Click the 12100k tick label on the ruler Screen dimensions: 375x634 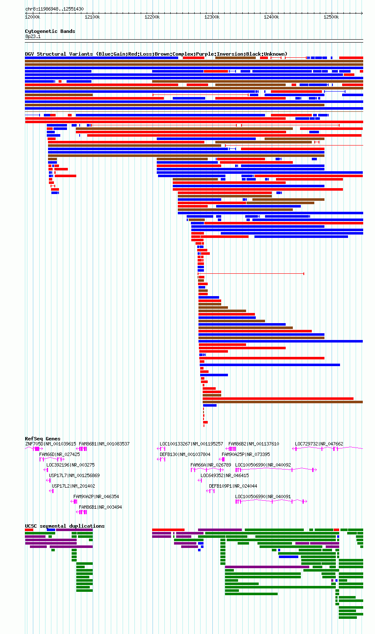pyautogui.click(x=92, y=17)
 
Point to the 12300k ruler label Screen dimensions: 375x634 pyautogui.click(x=212, y=17)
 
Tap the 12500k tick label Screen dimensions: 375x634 pyautogui.click(x=331, y=17)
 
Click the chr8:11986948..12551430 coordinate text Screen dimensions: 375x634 pyautogui.click(x=54, y=9)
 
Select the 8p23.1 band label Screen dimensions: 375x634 pyautogui.click(x=33, y=37)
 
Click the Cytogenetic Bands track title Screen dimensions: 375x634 pyautogui.click(x=50, y=31)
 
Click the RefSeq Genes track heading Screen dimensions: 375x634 pyautogui.click(x=43, y=439)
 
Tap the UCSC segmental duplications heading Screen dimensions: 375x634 pyautogui.click(x=65, y=526)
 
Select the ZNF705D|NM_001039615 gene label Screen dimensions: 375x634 pyautogui.click(x=51, y=444)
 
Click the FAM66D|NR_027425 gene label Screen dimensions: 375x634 pyautogui.click(x=59, y=454)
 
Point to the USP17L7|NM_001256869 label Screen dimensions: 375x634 pyautogui.click(x=74, y=475)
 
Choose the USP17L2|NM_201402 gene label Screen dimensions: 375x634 pyautogui.click(x=73, y=486)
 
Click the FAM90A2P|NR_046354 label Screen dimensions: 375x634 pyautogui.click(x=96, y=496)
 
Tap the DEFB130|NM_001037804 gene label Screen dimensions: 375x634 pyautogui.click(x=185, y=454)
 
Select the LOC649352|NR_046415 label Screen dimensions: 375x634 pyautogui.click(x=225, y=475)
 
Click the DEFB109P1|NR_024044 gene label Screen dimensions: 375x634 pyautogui.click(x=233, y=486)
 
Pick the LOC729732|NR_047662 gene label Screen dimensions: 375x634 pyautogui.click(x=319, y=444)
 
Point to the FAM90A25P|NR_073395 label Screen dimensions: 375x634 pyautogui.click(x=246, y=454)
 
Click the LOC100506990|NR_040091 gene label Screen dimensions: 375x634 pyautogui.click(x=263, y=496)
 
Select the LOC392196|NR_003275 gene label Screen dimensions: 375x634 pyautogui.click(x=70, y=465)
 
